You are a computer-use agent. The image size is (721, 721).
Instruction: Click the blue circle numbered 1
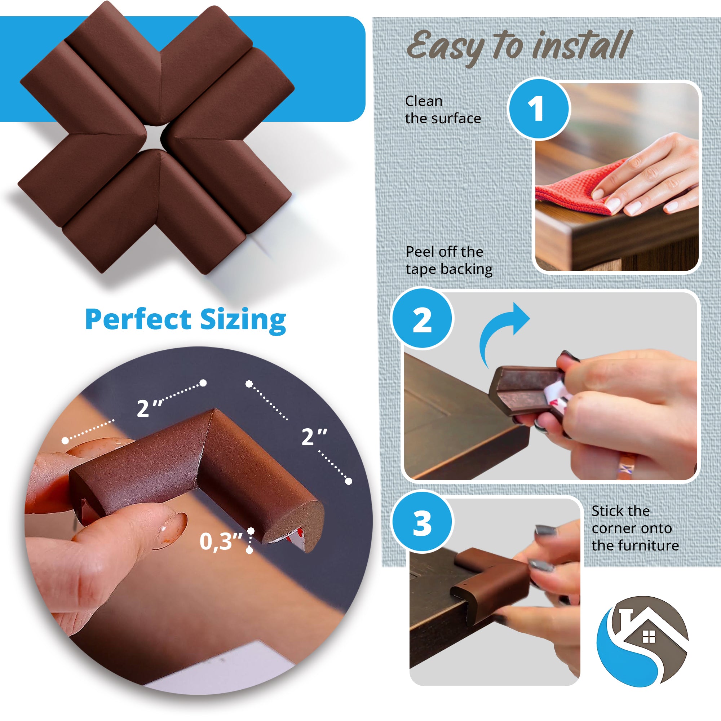[539, 109]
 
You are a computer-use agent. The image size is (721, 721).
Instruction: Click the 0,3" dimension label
[221, 541]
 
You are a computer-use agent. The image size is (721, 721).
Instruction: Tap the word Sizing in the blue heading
[243, 320]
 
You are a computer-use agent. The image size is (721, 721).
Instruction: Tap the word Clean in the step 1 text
[424, 101]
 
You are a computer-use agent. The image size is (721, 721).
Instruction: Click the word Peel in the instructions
[420, 252]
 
